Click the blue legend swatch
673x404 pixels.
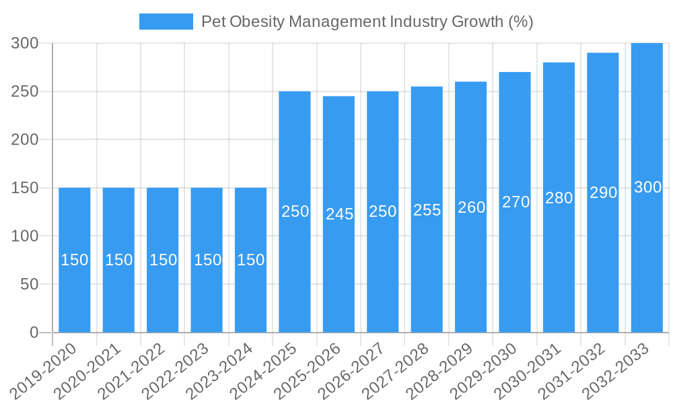click(x=166, y=22)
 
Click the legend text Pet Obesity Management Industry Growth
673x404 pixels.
click(x=367, y=22)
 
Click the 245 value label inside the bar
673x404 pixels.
click(x=339, y=214)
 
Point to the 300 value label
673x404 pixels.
click(x=647, y=188)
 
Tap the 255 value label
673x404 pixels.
click(x=427, y=210)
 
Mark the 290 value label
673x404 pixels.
click(x=603, y=193)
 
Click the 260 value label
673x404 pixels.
click(x=471, y=207)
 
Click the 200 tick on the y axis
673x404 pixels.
click(x=26, y=139)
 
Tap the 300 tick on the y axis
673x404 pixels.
click(x=26, y=43)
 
